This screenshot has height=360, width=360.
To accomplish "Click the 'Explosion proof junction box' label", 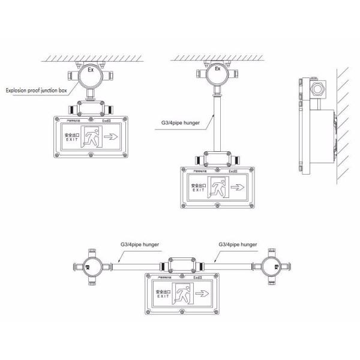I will tap(40, 91).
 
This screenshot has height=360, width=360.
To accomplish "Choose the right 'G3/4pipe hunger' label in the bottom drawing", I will tap(236, 245).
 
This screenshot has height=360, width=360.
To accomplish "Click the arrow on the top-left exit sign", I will tap(112, 137).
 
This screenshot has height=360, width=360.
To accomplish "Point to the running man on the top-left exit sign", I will tap(92, 137).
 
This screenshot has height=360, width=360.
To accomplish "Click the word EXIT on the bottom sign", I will tap(162, 297).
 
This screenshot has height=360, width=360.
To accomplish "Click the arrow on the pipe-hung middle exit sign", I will tap(238, 188).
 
